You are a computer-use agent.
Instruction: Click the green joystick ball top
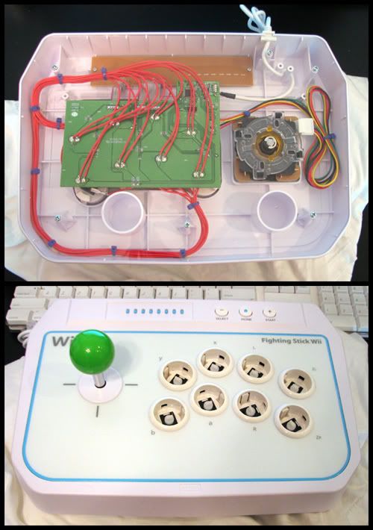point(89,355)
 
